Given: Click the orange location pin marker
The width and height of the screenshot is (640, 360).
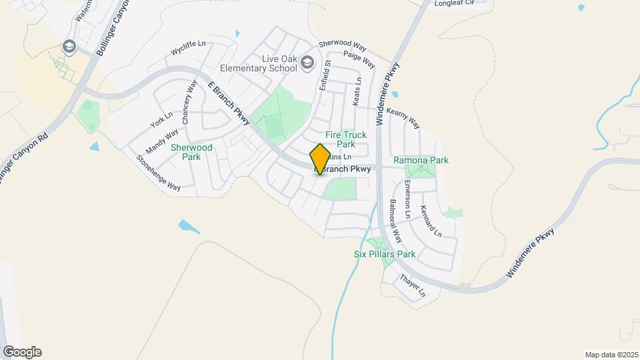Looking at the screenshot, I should pyautogui.click(x=320, y=159).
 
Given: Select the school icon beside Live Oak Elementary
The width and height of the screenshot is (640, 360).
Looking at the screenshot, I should pyautogui.click(x=307, y=63).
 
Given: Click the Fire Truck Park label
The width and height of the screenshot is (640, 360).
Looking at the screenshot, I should pyautogui.click(x=345, y=139).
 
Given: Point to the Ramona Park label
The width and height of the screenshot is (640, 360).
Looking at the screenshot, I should pyautogui.click(x=421, y=160).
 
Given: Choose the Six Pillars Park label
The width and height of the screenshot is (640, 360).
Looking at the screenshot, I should pyautogui.click(x=385, y=254).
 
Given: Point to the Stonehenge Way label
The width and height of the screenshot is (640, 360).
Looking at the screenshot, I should pyautogui.click(x=159, y=173).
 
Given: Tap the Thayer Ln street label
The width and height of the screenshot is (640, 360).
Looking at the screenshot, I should pyautogui.click(x=413, y=285).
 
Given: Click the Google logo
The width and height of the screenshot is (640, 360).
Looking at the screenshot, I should pyautogui.click(x=22, y=352).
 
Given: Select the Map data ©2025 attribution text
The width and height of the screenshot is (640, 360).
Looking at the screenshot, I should pyautogui.click(x=611, y=354).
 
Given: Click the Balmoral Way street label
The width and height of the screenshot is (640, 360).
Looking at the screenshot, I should pyautogui.click(x=396, y=221).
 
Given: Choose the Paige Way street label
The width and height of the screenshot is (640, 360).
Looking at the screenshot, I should pyautogui.click(x=359, y=59).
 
